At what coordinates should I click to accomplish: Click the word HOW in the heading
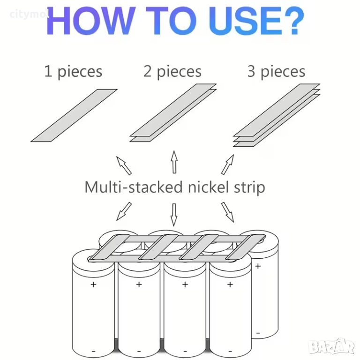point(90,21)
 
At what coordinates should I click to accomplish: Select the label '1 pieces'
point(73,71)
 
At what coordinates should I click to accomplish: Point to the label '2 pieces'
point(172,71)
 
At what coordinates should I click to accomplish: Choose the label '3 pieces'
point(276,71)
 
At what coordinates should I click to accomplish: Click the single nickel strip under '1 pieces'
point(74,115)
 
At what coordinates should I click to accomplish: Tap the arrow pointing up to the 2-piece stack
point(174,162)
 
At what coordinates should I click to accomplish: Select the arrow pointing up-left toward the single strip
point(124,165)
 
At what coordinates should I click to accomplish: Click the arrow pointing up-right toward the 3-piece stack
point(228,165)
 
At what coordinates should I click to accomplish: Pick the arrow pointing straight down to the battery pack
point(174,215)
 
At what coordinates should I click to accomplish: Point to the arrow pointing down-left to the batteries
point(124,211)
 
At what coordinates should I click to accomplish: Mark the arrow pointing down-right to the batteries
point(227,212)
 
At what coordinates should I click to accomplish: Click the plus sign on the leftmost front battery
point(93,285)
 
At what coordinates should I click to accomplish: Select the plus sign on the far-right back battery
point(258,266)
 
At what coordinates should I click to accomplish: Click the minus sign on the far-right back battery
point(258,333)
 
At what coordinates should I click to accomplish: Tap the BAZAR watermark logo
point(331,347)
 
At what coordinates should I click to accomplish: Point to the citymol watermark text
point(29,15)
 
